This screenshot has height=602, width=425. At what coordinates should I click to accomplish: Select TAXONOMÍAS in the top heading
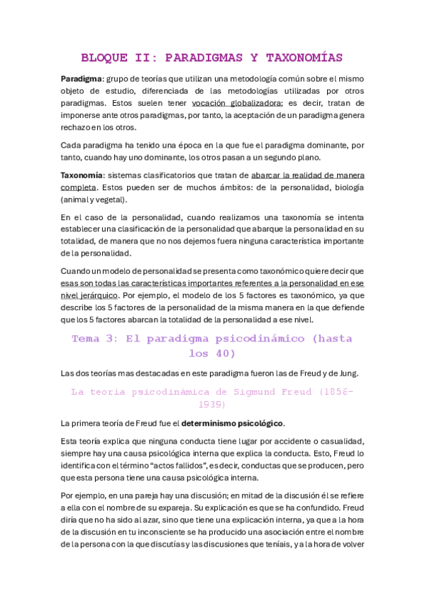click(300, 58)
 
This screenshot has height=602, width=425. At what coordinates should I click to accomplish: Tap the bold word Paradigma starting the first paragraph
click(82, 78)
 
